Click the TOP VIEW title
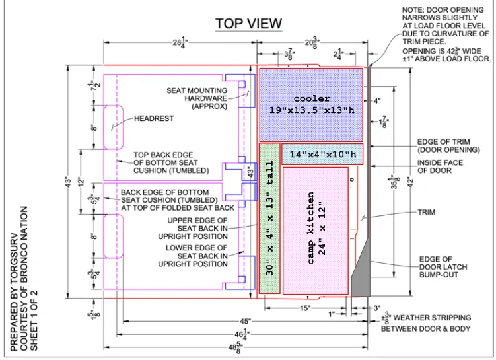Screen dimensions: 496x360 point(248,24)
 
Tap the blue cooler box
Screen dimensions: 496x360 point(311,105)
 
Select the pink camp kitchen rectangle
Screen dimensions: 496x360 point(316,231)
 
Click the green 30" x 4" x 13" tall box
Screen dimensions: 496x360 point(269,218)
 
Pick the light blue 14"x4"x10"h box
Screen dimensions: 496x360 point(322,154)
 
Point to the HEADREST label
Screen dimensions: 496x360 point(154,118)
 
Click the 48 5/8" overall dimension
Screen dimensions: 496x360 point(234,348)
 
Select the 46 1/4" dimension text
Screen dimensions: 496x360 point(242,335)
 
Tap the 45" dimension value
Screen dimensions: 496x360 point(245,322)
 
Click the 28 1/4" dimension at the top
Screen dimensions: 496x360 point(180,42)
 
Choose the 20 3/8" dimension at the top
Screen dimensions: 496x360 point(312,42)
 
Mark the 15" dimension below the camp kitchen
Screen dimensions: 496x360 point(305,308)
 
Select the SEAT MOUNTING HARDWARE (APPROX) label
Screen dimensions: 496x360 point(197,98)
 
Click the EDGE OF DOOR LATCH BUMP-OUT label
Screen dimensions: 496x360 point(443,267)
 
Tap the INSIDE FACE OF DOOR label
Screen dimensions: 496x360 point(440,166)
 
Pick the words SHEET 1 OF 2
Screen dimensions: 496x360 point(34,320)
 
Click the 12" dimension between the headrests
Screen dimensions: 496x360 point(82,182)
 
